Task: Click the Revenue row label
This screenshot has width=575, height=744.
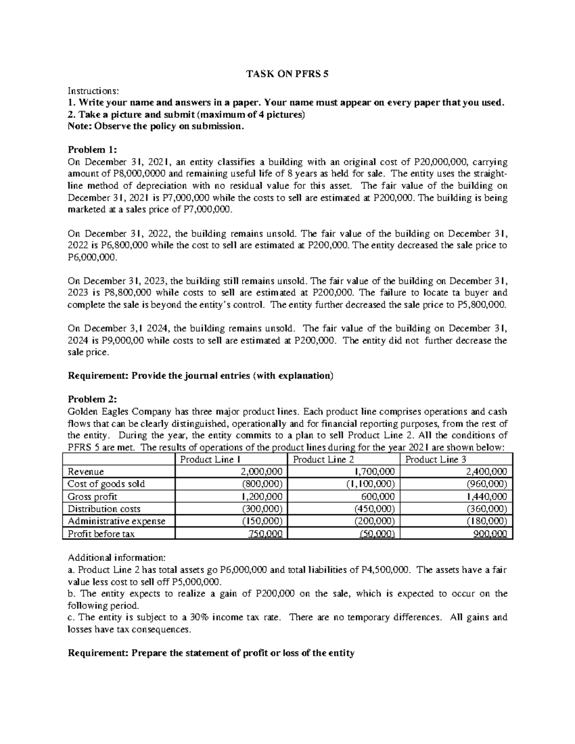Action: pos(86,472)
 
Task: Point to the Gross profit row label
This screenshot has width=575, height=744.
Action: pos(92,497)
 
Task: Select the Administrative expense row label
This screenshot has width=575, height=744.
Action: pos(116,521)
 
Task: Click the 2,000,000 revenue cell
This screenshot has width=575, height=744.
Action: pos(261,472)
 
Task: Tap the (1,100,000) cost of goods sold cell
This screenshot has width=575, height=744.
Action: pos(370,484)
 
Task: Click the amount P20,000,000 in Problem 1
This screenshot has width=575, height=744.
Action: pos(441,162)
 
